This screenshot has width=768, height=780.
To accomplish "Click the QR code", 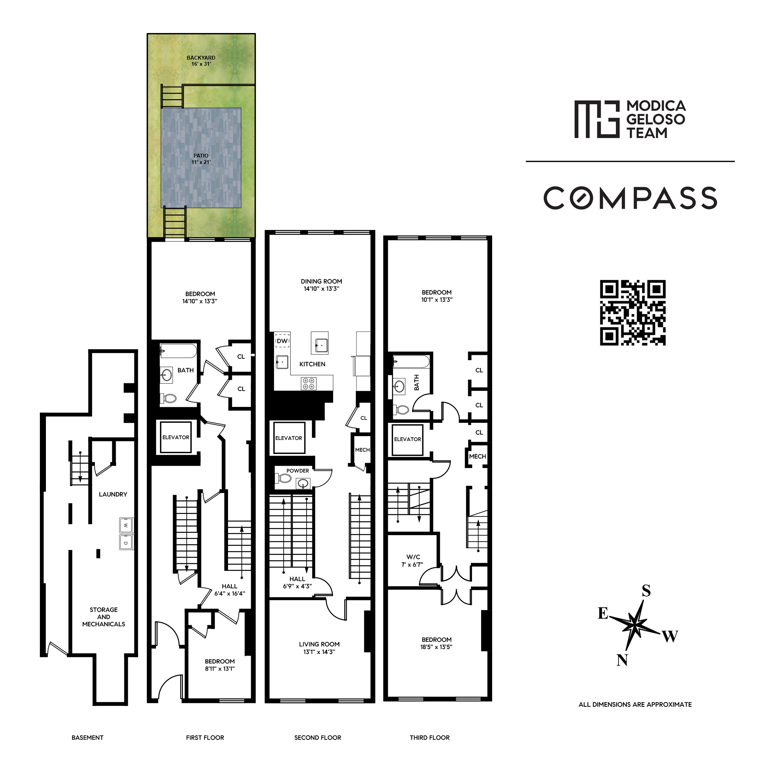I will click(632, 312).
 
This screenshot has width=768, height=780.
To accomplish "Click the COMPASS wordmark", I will click(630, 198).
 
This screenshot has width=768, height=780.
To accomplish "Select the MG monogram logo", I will click(596, 119).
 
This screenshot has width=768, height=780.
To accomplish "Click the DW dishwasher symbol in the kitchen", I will click(282, 340).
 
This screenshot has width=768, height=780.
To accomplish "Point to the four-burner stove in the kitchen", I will click(308, 383).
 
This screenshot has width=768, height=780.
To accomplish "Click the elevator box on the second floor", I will click(289, 438).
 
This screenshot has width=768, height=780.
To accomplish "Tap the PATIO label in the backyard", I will click(201, 155).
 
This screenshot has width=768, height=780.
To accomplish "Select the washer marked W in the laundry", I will click(126, 525).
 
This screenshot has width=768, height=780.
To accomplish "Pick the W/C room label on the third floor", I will click(413, 557).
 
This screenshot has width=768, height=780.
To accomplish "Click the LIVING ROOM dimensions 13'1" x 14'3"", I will click(319, 652).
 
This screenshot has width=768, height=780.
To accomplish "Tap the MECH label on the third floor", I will click(477, 456).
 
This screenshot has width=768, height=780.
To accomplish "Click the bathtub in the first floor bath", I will click(178, 351).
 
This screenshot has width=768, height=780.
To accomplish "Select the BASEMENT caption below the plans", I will click(88, 737).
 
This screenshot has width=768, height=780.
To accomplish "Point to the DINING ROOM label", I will click(321, 281).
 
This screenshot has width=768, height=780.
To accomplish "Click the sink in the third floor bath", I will click(399, 386).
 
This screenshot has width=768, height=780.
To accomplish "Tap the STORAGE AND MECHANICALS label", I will click(104, 616).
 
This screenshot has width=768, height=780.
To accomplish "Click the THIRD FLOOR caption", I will click(430, 737).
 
